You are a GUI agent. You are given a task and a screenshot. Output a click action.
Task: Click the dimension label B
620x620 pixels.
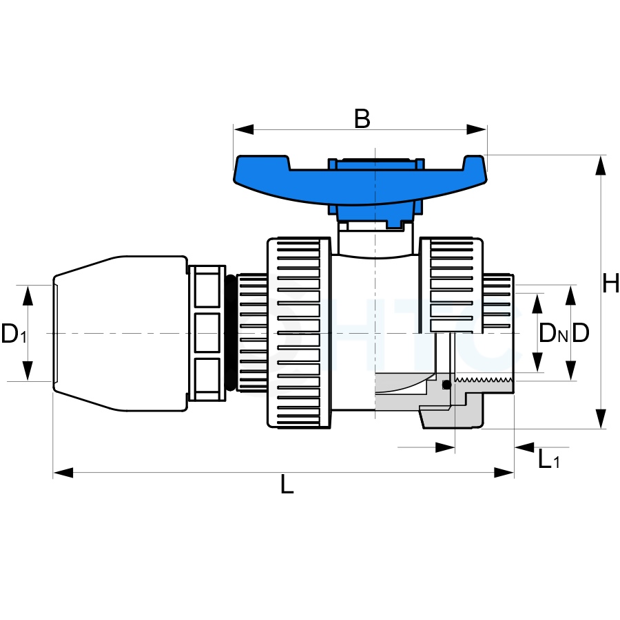[x=362, y=118]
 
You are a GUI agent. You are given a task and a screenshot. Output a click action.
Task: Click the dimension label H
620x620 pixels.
[x=610, y=284]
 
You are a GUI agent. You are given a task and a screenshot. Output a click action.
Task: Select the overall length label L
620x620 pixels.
[x=287, y=484]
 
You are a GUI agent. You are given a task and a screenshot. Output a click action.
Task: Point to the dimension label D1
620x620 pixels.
[x=14, y=334]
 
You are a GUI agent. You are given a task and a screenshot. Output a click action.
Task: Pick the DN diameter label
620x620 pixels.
[x=553, y=333]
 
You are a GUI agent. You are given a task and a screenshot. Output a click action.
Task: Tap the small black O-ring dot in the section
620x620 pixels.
[x=446, y=385]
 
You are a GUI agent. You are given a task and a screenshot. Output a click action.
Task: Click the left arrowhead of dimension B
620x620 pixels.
[x=243, y=129]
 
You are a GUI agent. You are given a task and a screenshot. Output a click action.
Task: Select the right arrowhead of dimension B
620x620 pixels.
[x=477, y=129]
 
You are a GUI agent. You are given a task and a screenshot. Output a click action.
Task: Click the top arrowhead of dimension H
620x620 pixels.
[x=601, y=165]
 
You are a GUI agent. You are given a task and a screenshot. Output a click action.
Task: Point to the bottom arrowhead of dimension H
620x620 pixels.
[x=601, y=419]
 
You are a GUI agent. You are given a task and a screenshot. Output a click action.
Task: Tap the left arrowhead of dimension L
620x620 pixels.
[x=63, y=473]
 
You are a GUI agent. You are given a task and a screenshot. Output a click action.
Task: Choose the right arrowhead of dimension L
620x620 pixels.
[x=504, y=473]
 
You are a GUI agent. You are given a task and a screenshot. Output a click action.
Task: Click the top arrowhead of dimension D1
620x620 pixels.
[x=28, y=295]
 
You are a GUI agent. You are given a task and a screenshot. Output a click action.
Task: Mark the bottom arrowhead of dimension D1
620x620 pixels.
[x=28, y=371]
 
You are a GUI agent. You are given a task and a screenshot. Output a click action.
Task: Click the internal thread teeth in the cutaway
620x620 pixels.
[x=484, y=381]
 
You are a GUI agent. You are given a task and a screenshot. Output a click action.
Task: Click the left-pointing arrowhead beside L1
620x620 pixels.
[x=524, y=447]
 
